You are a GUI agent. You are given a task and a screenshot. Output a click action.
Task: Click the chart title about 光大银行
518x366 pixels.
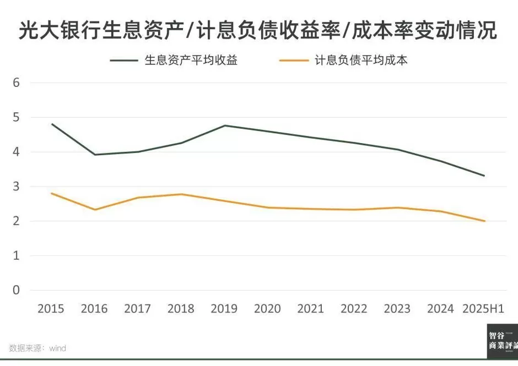pos(258,31)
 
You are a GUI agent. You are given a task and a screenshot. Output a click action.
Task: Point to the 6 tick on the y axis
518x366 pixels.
pos(16,83)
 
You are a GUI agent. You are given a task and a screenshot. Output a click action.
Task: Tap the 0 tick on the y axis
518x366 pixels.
pos(16,290)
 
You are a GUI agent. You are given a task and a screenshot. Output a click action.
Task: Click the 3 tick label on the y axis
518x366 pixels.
pos(16,187)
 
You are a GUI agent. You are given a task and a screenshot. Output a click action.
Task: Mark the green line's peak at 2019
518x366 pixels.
pos(224,125)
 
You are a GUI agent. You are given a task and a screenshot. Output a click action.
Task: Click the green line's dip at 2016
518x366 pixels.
pos(94,155)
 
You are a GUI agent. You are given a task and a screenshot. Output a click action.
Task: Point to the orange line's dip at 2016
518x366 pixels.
pos(94,210)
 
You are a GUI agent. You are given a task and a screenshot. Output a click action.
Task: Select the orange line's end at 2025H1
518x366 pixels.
pos(484,221)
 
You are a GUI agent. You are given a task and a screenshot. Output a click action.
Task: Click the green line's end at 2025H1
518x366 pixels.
pos(484,176)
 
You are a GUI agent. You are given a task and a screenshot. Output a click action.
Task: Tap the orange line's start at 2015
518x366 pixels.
pos(51,193)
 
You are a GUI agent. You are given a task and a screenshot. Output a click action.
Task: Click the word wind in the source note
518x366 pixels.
pos(57,348)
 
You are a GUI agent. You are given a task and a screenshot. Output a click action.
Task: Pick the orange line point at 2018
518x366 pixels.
pos(181,194)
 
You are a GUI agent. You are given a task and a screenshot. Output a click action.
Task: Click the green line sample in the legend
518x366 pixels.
pos(124,60)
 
